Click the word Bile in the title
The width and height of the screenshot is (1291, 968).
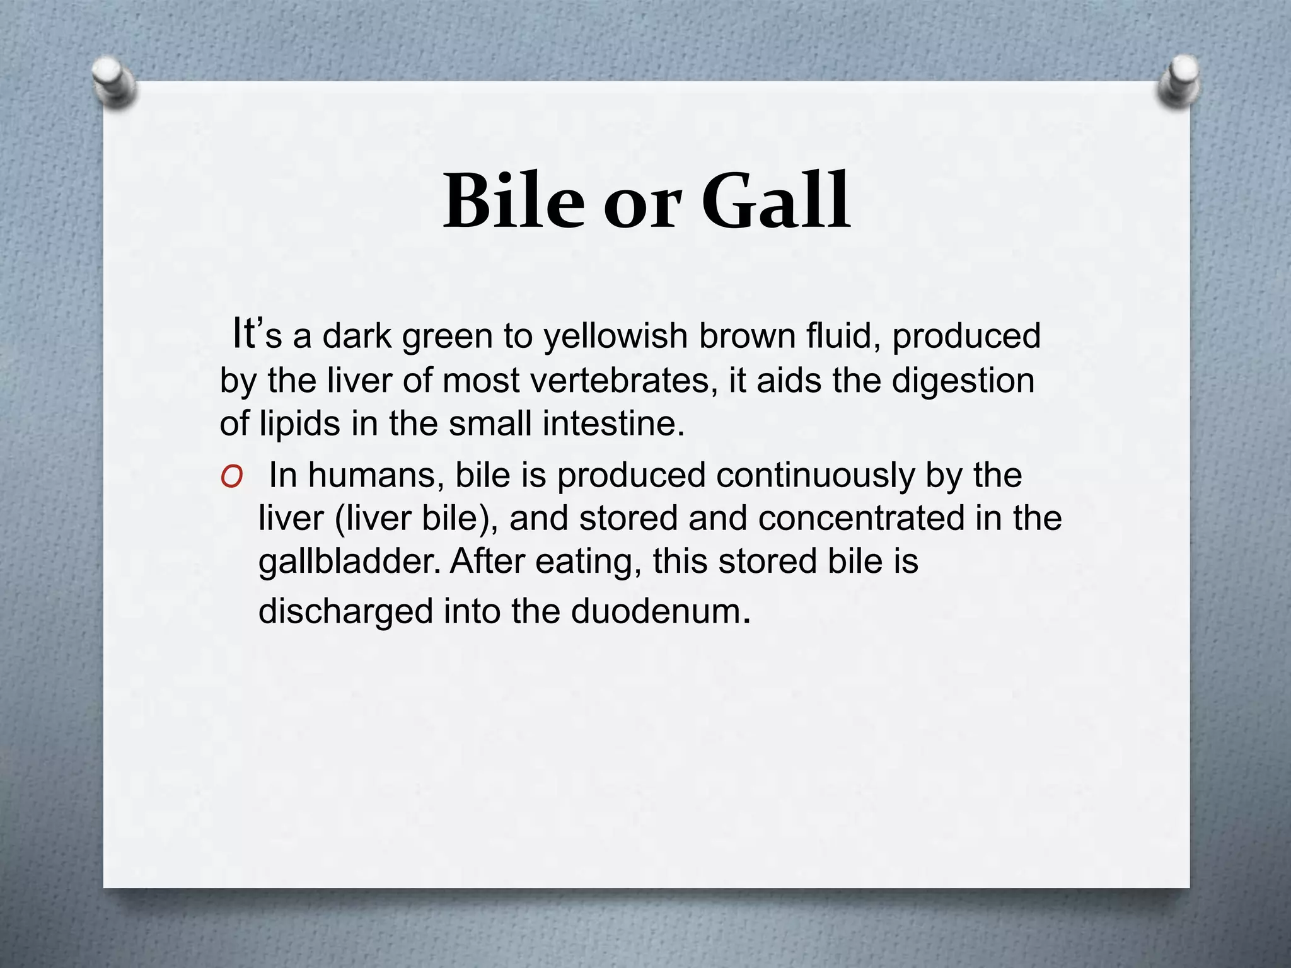pos(513,201)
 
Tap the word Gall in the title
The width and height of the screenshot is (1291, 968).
pos(776,201)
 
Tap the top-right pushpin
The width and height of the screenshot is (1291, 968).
pos(1178,82)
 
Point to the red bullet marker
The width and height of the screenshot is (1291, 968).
pos(232,478)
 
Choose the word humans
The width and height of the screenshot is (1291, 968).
pos(371,475)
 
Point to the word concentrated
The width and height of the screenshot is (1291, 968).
pos(861,519)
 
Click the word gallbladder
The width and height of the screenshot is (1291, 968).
pos(350,562)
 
